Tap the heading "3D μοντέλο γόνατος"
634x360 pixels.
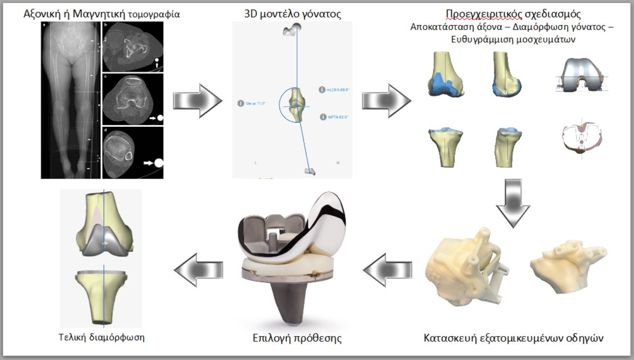click(x=292, y=14)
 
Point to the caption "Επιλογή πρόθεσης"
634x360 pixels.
click(x=297, y=338)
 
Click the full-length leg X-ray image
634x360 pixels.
click(x=71, y=101)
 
